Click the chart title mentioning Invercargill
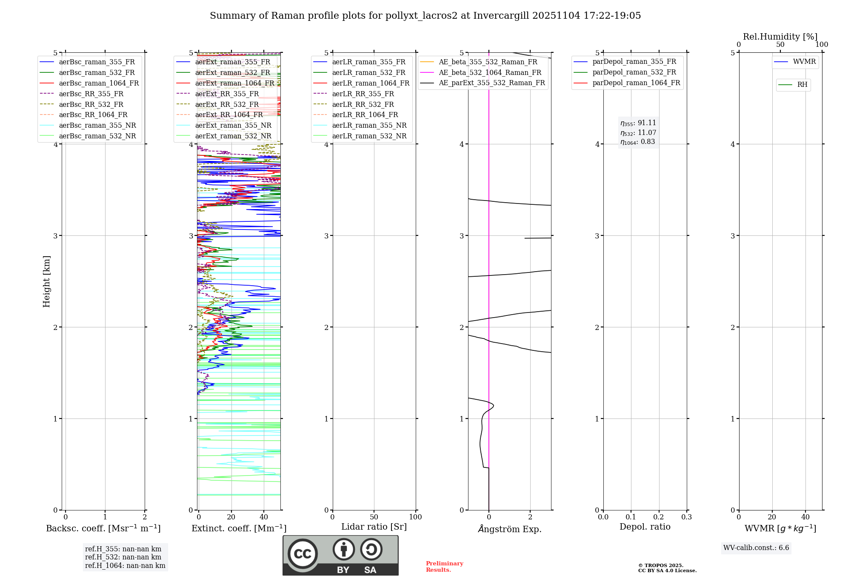pyautogui.click(x=425, y=16)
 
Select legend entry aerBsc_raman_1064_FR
pyautogui.click(x=99, y=83)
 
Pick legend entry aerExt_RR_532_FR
pyautogui.click(x=227, y=104)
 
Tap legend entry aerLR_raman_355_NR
pyautogui.click(x=369, y=125)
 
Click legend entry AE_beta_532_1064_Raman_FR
pyautogui.click(x=490, y=72)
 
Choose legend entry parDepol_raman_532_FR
pyautogui.click(x=634, y=72)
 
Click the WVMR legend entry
pyautogui.click(x=804, y=62)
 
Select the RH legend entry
pyautogui.click(x=802, y=85)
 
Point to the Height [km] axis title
pyautogui.click(x=47, y=281)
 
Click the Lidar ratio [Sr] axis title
pyautogui.click(x=374, y=527)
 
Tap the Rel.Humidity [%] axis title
pyautogui.click(x=780, y=37)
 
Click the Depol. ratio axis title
pyautogui.click(x=645, y=527)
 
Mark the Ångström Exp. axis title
pyautogui.click(x=509, y=529)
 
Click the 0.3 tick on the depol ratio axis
pyautogui.click(x=686, y=517)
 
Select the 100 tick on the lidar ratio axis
pyautogui.click(x=415, y=517)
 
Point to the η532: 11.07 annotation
pyautogui.click(x=638, y=132)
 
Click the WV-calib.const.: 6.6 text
pyautogui.click(x=756, y=547)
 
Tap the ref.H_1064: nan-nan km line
pyautogui.click(x=125, y=565)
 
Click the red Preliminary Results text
pyautogui.click(x=444, y=566)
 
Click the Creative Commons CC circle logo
pyautogui.click(x=303, y=553)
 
